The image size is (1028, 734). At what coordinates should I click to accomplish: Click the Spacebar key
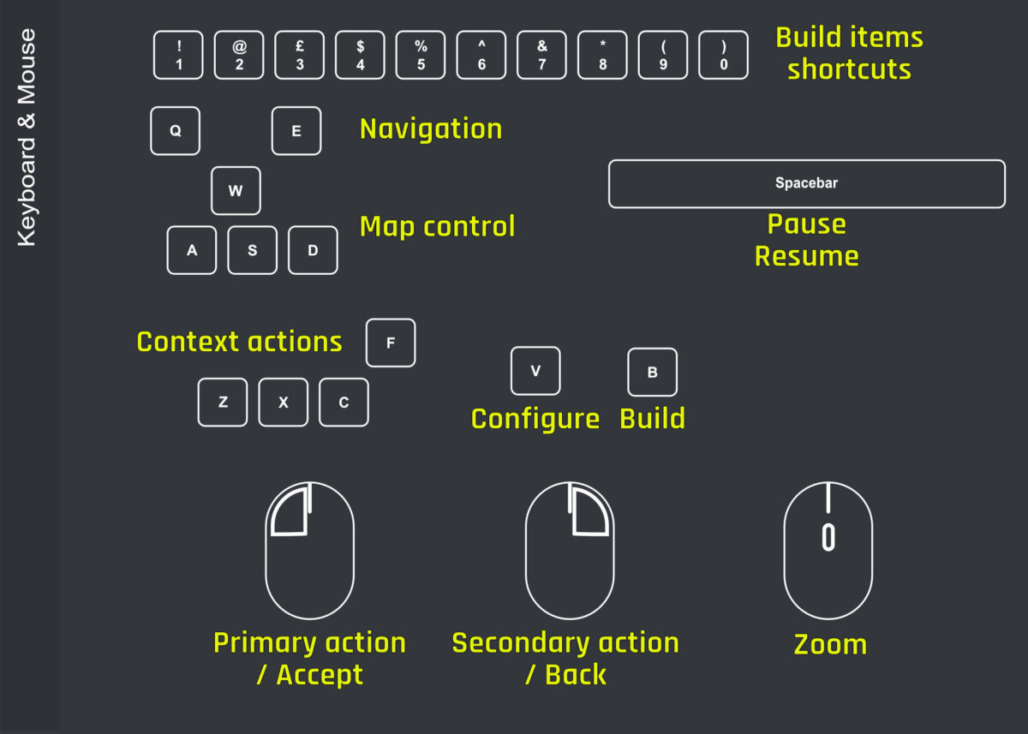806,183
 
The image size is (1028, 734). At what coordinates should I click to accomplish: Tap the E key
296,131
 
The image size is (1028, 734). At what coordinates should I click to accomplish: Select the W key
236,191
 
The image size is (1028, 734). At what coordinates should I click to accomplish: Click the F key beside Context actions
391,343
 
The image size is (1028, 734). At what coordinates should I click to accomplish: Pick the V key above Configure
535,371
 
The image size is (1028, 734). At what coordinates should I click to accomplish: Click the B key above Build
653,373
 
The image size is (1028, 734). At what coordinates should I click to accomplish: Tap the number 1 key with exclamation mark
178,56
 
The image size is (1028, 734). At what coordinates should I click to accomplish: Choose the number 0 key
724,56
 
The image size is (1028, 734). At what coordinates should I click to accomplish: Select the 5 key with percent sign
421,56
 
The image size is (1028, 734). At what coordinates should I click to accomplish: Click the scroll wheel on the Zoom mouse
828,537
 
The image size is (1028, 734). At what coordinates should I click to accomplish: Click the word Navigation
431,128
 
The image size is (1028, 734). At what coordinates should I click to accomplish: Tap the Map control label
437,227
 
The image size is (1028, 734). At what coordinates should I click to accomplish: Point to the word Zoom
830,644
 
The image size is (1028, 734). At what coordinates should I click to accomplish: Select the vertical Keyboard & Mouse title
27,137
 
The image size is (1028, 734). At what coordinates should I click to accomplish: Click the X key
284,403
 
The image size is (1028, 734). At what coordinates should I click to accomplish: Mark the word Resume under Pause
806,256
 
